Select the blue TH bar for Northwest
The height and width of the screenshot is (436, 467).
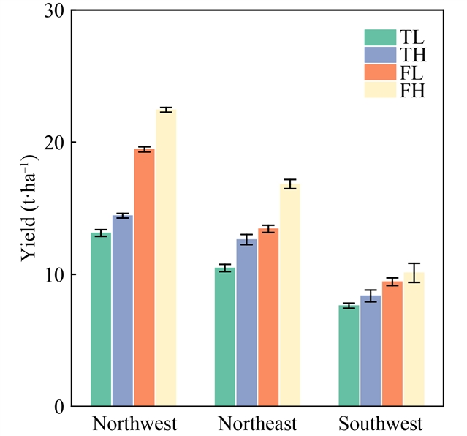click(122, 311)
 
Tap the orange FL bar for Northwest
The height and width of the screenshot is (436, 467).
click(144, 278)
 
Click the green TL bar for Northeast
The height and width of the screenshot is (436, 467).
click(224, 337)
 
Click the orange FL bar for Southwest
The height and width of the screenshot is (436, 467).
click(392, 344)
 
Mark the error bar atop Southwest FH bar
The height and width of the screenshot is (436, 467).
click(414, 272)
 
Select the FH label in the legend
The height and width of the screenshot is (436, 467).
click(412, 91)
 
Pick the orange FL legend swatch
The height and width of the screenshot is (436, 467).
click(379, 72)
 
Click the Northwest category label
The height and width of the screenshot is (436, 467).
click(134, 425)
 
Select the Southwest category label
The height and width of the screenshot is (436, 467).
click(381, 425)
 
